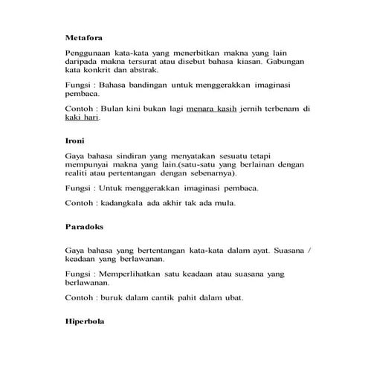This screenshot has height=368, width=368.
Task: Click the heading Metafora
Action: [x=83, y=37]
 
